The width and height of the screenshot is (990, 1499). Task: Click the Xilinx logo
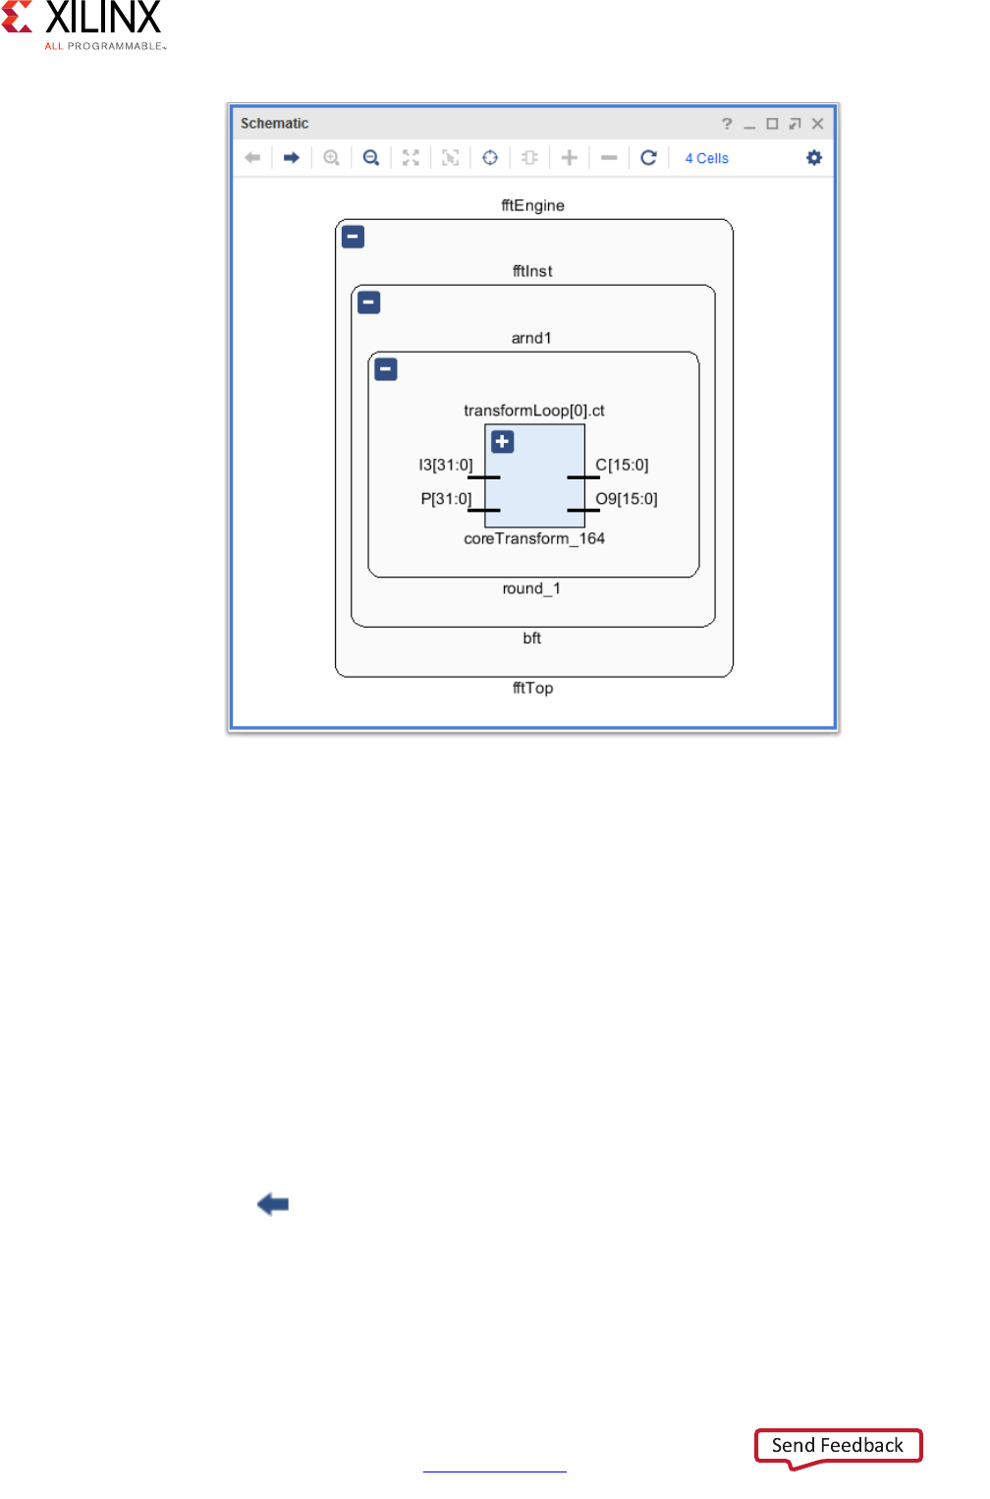[83, 24]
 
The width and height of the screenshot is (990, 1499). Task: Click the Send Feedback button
[838, 1445]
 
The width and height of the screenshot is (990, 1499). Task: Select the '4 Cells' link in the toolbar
[706, 158]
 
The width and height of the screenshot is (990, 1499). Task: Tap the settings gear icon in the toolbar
[813, 157]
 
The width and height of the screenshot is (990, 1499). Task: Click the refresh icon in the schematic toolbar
[648, 157]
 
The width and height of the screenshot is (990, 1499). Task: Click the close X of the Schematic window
[817, 124]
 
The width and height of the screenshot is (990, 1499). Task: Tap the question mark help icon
[727, 124]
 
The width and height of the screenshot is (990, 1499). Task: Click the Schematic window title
[274, 124]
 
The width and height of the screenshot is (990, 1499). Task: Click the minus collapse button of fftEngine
[354, 237]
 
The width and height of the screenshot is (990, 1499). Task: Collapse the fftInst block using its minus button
[369, 303]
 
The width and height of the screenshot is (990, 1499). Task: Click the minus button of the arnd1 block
[386, 369]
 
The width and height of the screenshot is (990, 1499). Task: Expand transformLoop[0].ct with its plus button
[503, 442]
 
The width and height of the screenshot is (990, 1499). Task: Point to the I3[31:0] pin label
[446, 465]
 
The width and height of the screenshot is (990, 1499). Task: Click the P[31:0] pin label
[446, 498]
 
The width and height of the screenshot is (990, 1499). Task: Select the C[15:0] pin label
[622, 465]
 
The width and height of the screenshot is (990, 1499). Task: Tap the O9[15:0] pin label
[627, 498]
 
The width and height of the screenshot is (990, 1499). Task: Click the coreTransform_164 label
[534, 538]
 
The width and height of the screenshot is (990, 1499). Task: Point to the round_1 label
[531, 588]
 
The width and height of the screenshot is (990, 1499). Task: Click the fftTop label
[532, 688]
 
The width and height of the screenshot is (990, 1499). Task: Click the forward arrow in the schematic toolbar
[292, 157]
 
